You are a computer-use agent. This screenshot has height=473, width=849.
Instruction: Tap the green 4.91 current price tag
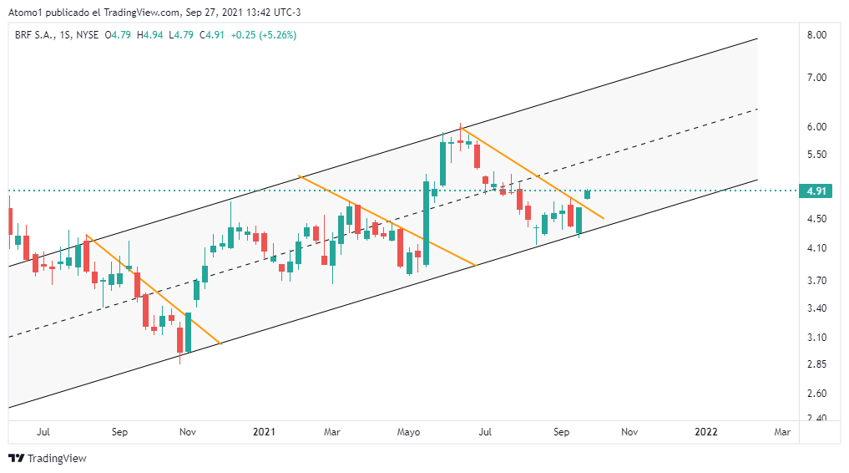point(816,191)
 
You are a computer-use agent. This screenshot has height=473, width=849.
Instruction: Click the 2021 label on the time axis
point(264,432)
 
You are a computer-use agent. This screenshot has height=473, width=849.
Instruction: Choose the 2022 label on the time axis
point(706,432)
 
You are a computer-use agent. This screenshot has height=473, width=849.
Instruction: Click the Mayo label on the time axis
point(408,432)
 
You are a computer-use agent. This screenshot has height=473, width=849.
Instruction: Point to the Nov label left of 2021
point(188,432)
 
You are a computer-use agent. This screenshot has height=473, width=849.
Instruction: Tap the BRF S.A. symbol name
point(34,35)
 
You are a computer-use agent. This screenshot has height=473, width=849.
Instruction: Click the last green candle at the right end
point(588,194)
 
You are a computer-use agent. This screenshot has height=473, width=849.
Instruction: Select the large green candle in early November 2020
point(189,333)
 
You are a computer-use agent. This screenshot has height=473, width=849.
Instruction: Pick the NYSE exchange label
point(86,35)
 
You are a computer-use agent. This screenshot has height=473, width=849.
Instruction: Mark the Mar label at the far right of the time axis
point(782,432)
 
